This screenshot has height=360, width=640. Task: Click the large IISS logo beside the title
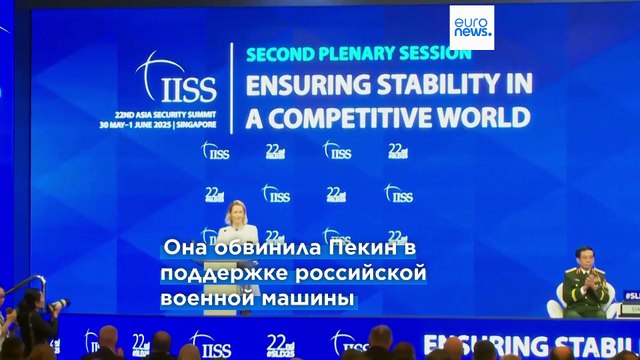[x=176, y=80]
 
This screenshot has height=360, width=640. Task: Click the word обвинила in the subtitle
[x=250, y=246]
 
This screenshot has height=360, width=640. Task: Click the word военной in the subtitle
[x=199, y=298]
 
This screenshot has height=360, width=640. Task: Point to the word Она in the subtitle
[x=182, y=246]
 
